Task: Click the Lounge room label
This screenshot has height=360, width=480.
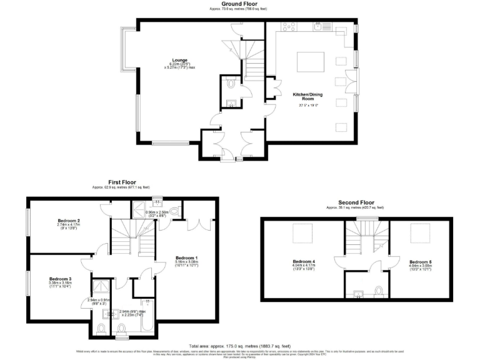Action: coord(180,61)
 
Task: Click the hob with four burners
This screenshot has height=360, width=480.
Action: coord(289,27)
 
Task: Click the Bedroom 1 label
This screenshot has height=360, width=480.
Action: coord(186,258)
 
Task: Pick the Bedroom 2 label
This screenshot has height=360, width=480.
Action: coord(68,221)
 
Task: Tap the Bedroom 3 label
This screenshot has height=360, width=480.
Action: coord(61,279)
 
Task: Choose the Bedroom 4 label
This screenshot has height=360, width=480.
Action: coord(304,262)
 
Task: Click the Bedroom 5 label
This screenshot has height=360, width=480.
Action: coord(421,262)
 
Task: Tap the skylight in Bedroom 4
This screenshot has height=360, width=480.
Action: coord(303,233)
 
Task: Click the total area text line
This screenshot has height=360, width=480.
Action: coord(239,345)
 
